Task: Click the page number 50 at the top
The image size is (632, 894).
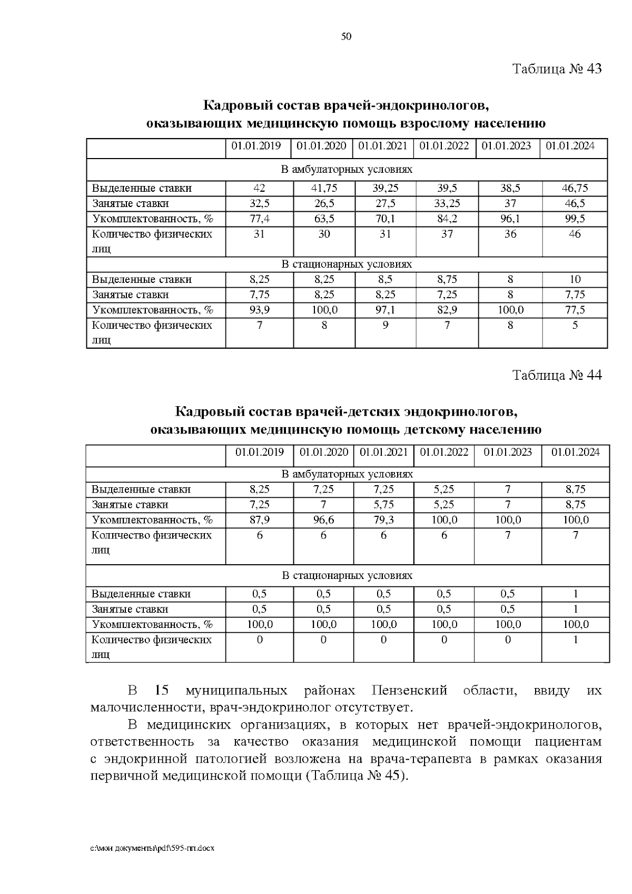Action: [346, 36]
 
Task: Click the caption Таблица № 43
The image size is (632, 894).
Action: [557, 69]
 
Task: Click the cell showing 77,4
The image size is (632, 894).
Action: [259, 219]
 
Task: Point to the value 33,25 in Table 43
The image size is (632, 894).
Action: [447, 203]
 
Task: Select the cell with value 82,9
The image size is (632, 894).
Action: [447, 310]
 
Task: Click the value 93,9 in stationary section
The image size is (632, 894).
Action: [259, 310]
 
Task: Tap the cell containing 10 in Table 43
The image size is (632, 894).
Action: [575, 279]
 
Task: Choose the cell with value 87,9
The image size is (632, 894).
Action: [260, 520]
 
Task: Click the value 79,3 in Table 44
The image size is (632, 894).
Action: [383, 520]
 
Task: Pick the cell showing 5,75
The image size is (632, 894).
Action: [383, 505]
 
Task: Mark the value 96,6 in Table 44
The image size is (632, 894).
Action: [323, 520]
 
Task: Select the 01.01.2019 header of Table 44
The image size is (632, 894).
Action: [260, 452]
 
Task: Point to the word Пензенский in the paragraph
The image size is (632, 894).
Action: [409, 690]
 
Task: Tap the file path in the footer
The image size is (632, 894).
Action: [153, 849]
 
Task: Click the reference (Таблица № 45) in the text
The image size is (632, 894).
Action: [356, 776]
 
